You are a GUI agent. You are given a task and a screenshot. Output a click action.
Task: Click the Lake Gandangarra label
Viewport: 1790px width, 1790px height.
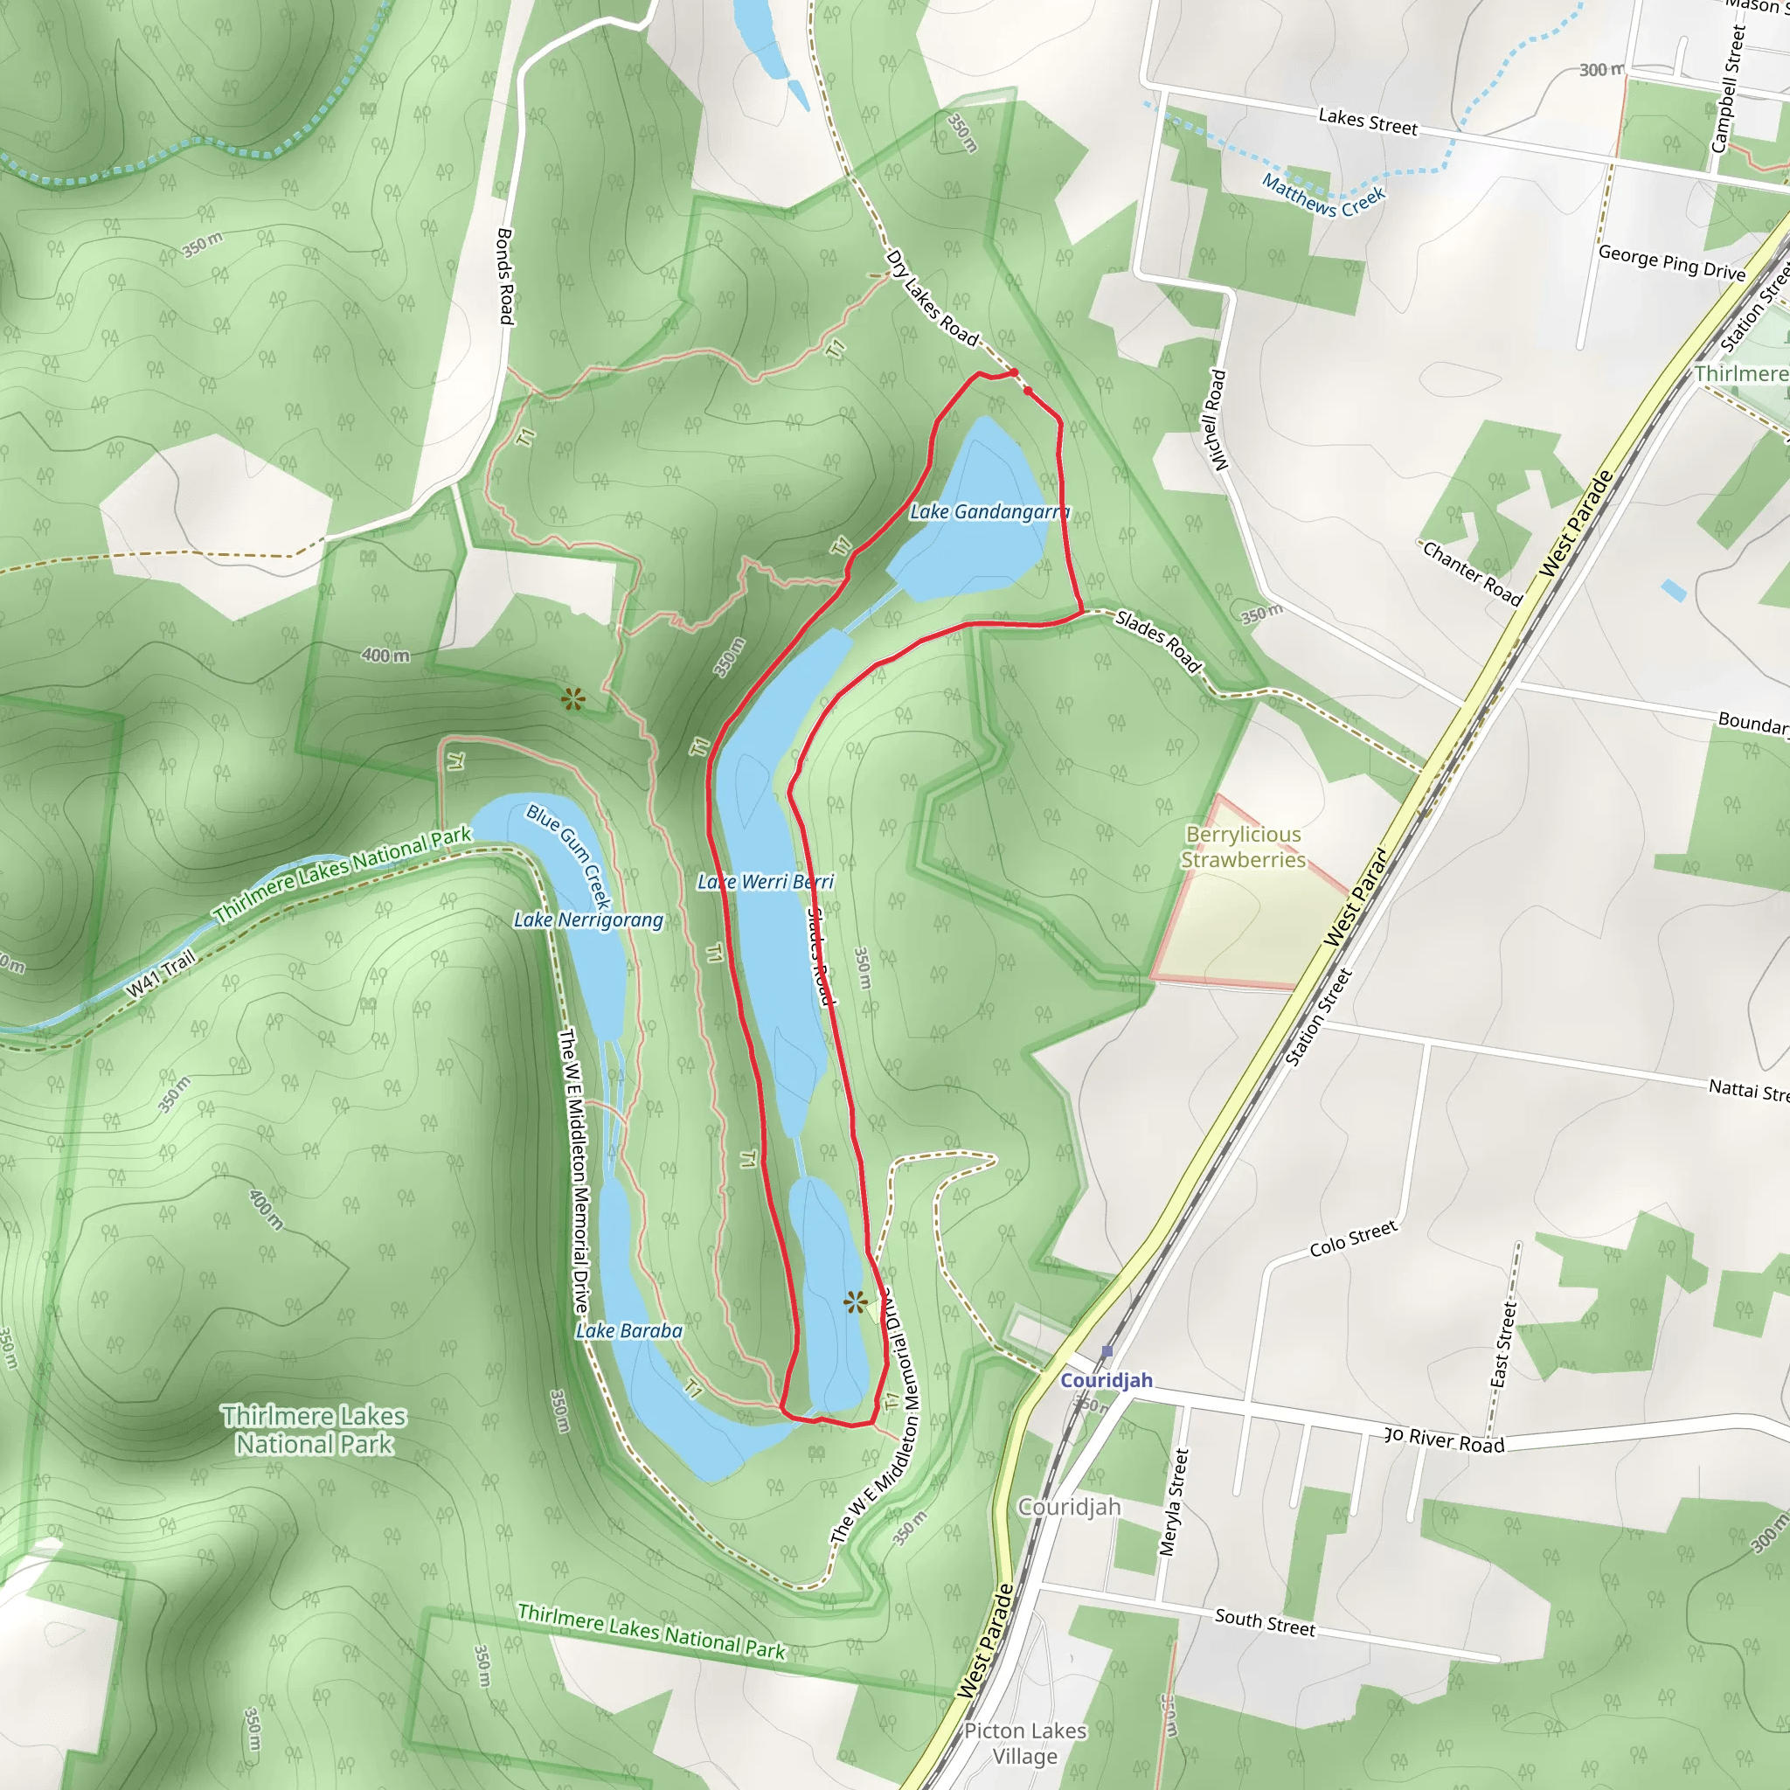[989, 511]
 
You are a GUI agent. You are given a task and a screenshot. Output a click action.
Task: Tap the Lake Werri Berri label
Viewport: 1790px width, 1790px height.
[766, 882]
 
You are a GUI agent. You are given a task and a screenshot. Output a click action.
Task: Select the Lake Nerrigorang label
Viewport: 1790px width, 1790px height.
[588, 920]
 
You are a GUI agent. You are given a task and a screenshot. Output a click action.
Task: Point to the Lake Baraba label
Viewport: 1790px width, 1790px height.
[629, 1331]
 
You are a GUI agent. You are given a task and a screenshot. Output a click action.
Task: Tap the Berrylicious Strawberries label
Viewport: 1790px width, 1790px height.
[1244, 847]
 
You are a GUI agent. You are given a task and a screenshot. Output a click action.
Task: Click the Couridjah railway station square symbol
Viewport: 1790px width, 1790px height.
[1107, 1352]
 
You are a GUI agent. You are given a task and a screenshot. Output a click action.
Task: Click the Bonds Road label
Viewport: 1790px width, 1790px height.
[506, 276]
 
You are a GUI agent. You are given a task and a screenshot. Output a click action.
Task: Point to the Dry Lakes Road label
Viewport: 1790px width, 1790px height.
[932, 298]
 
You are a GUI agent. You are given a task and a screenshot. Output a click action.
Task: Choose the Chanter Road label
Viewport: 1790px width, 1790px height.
[1472, 573]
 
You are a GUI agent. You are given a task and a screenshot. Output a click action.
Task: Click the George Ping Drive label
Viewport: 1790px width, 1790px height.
[1671, 262]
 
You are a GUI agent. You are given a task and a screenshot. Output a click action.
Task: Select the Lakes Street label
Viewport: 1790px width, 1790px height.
[1368, 121]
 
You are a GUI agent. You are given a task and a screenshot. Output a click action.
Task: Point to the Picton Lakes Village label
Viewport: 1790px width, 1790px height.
[1024, 1744]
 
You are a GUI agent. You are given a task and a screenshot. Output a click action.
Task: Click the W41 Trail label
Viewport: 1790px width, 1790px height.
[161, 974]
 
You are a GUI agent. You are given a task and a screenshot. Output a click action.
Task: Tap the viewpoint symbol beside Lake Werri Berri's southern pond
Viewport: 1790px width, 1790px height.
[856, 1302]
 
